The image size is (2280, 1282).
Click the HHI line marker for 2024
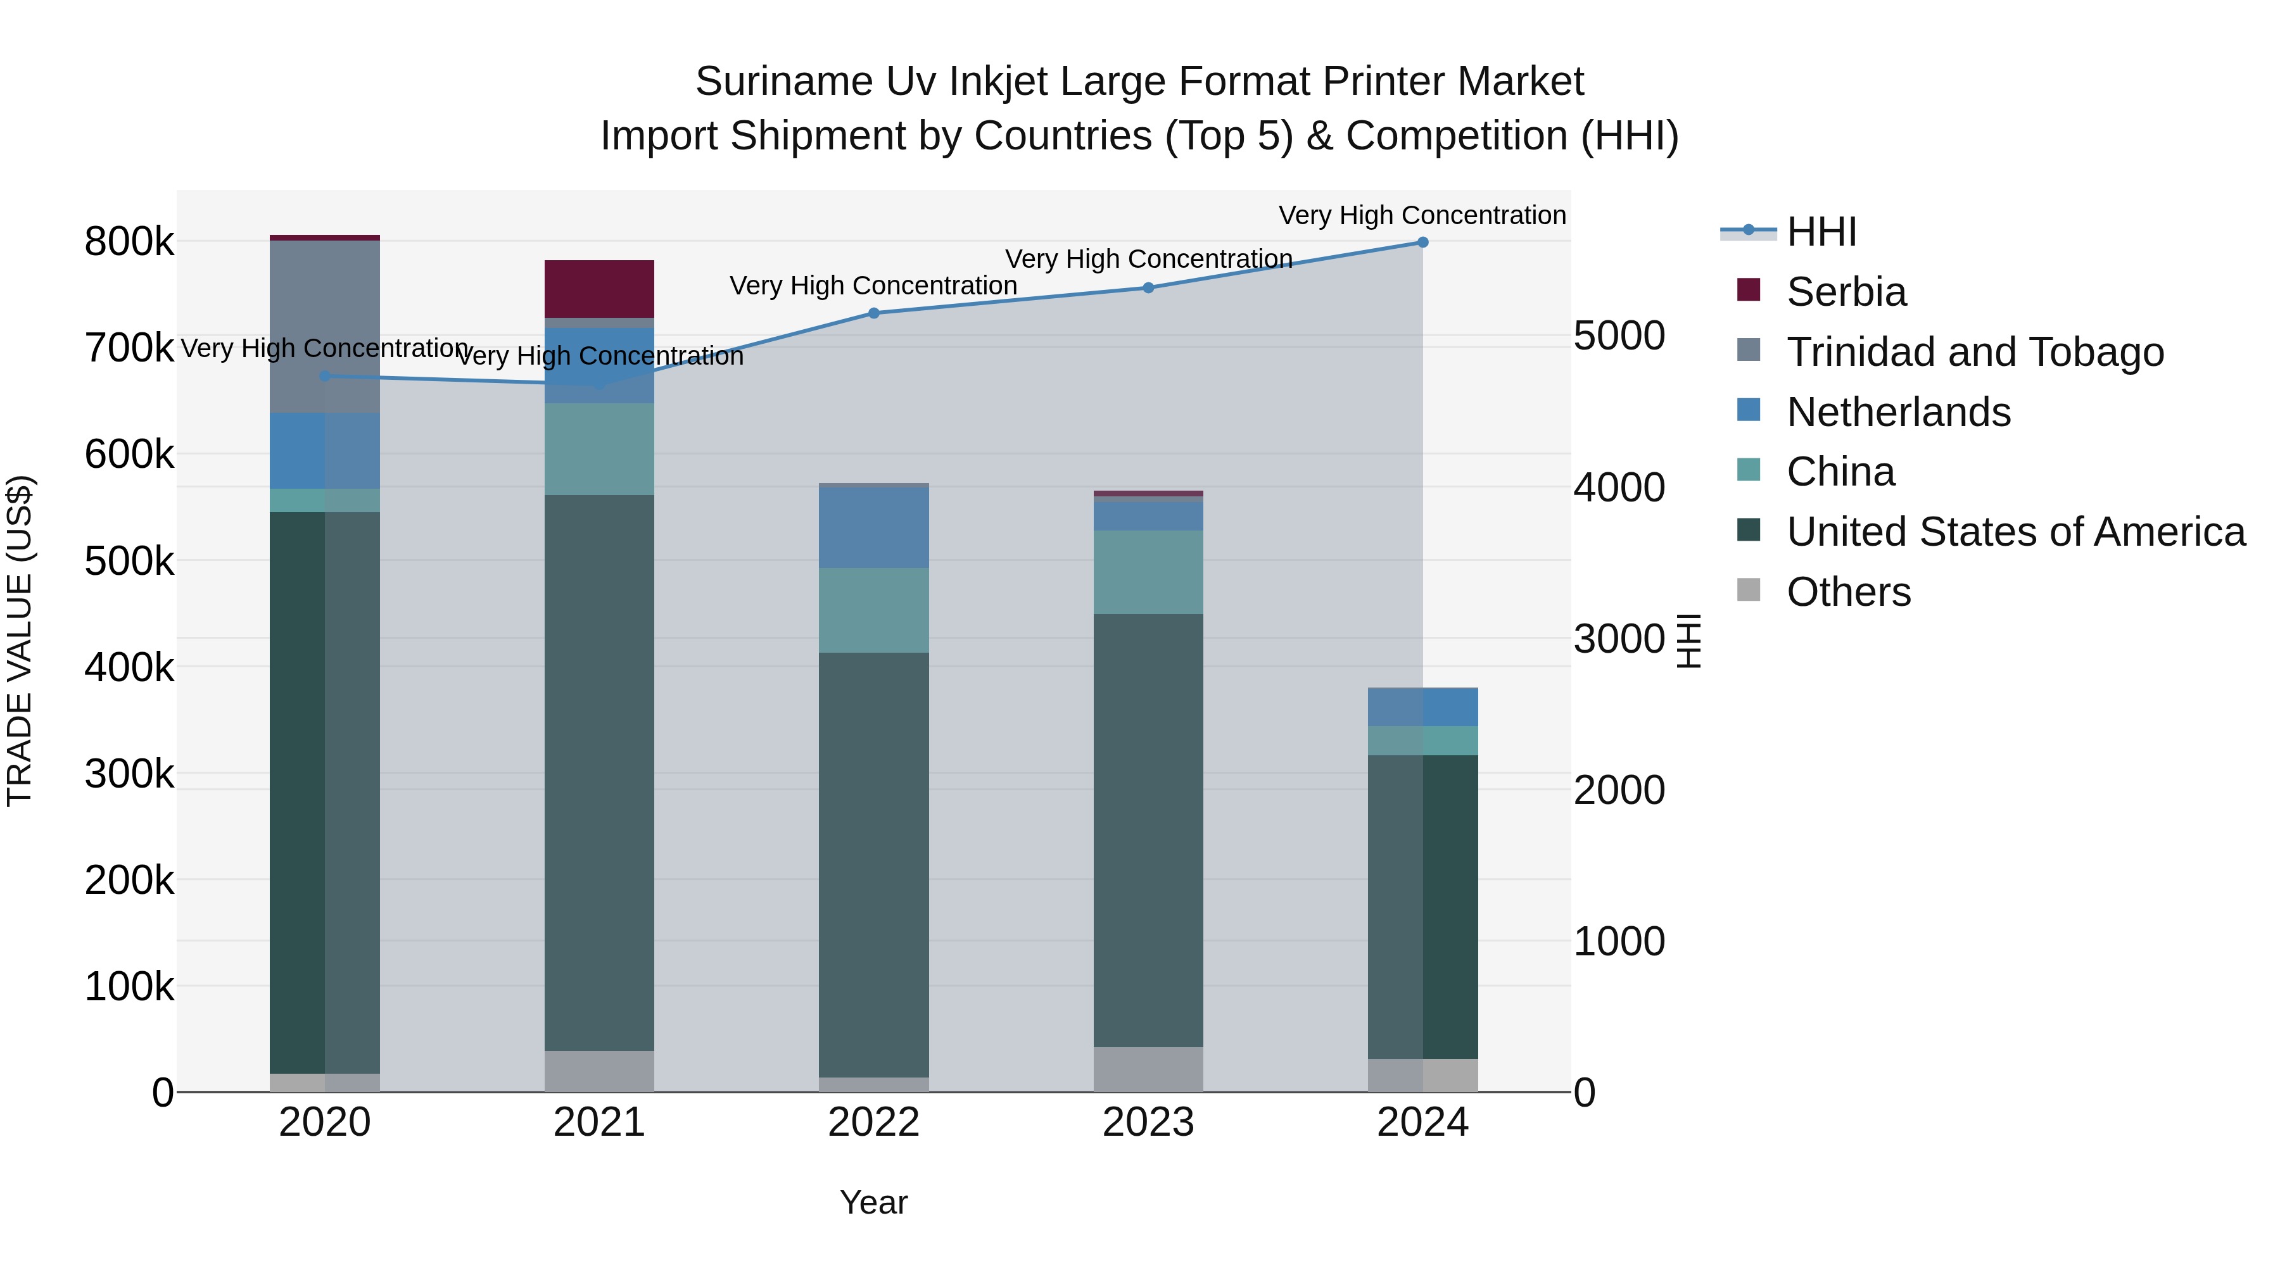click(x=1422, y=242)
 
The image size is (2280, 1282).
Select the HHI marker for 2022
click(x=873, y=313)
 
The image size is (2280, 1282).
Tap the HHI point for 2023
click(x=1148, y=287)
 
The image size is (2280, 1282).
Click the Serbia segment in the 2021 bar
click(x=599, y=289)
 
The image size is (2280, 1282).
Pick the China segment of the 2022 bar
click(x=873, y=610)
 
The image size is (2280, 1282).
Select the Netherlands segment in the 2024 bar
click(x=1422, y=707)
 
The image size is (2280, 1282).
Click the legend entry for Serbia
click(x=1846, y=292)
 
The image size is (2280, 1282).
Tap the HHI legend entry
click(x=1821, y=232)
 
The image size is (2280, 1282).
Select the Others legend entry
click(x=1848, y=592)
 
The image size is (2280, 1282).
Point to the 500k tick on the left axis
click(x=129, y=561)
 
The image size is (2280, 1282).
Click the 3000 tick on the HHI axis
click(x=1619, y=639)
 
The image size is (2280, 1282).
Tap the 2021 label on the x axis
click(x=599, y=1122)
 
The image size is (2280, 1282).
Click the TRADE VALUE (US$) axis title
click(x=20, y=641)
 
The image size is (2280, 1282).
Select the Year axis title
click(x=873, y=1202)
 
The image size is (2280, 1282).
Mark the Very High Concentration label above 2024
click(x=1422, y=215)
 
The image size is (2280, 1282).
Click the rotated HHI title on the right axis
click(x=1688, y=641)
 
